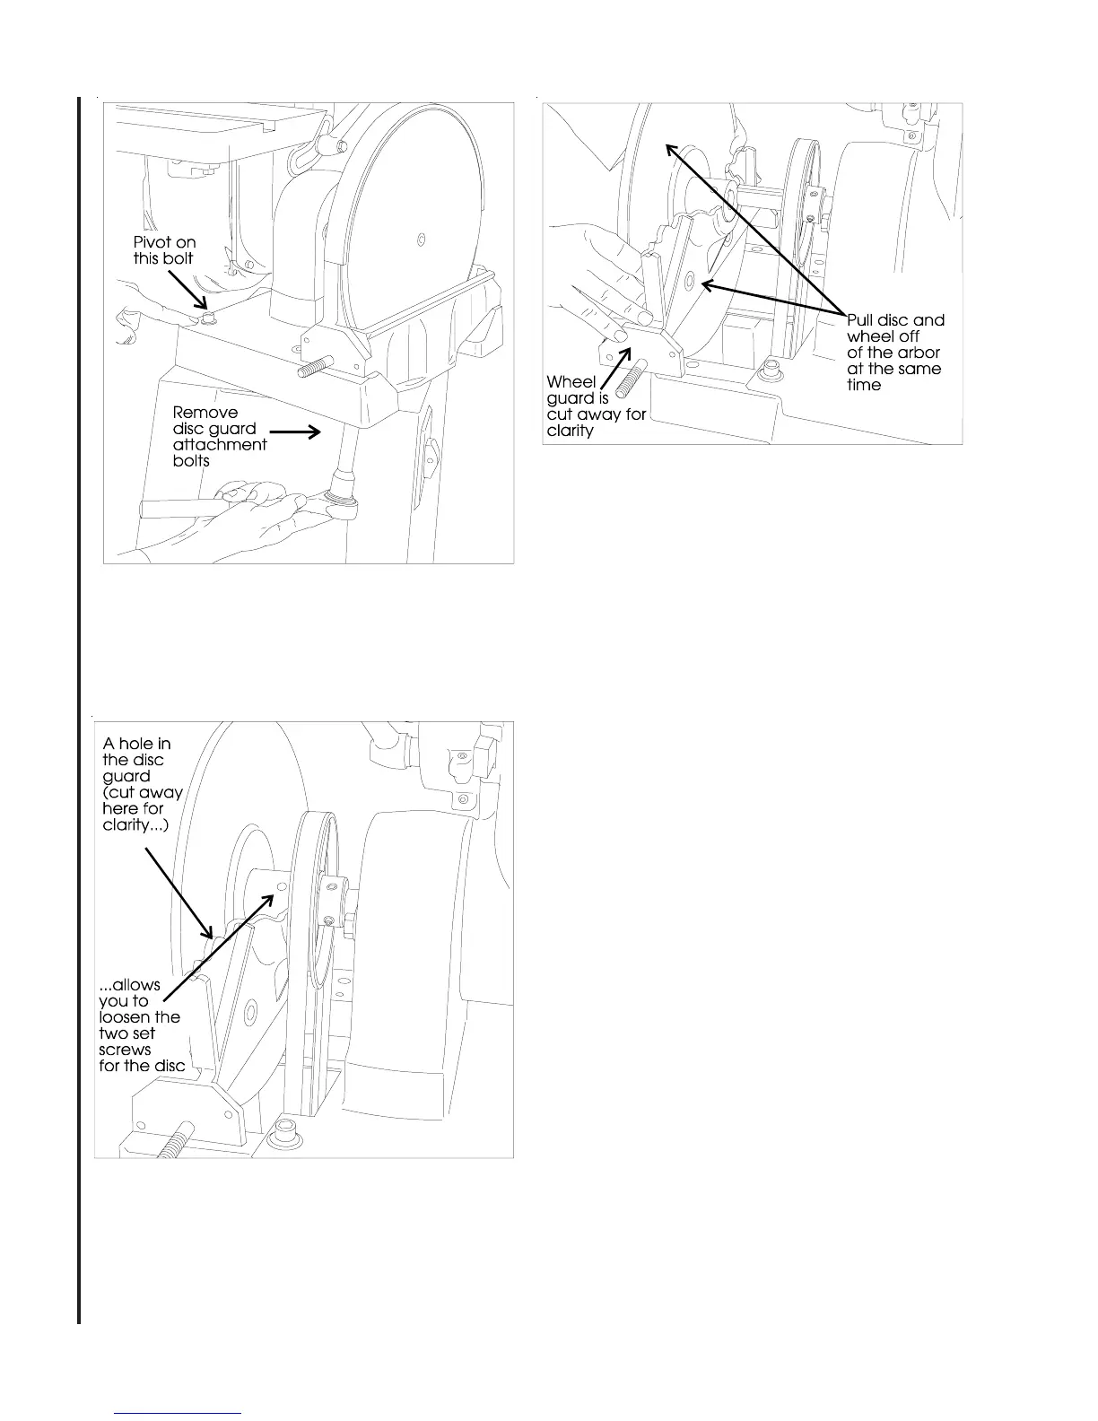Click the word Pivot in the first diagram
(x=153, y=242)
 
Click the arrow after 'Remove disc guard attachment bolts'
(x=295, y=432)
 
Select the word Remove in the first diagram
(x=205, y=413)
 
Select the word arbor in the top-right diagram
(x=917, y=353)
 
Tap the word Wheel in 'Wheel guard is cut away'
(x=571, y=382)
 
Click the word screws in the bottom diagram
(x=125, y=1050)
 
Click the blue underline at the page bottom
(x=179, y=1413)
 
